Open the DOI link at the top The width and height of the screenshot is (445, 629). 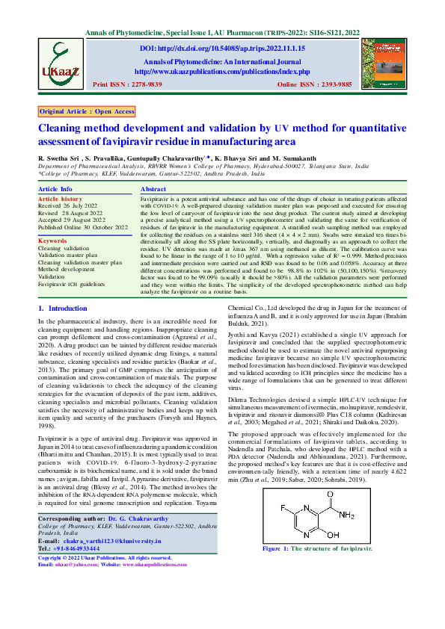point(226,47)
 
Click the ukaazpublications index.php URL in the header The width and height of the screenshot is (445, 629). point(221,71)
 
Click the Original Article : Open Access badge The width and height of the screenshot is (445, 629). point(87,111)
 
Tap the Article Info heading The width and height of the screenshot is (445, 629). point(55,190)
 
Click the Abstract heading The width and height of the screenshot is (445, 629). point(153,190)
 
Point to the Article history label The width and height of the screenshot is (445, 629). point(61,199)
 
